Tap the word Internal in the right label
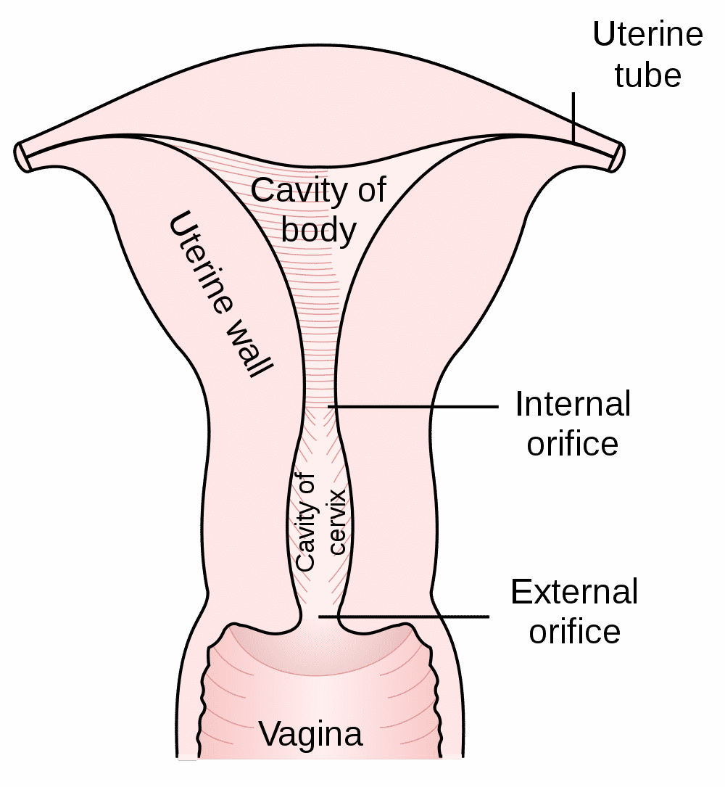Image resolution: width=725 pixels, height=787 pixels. coord(573,404)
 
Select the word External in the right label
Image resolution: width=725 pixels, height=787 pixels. coord(574,592)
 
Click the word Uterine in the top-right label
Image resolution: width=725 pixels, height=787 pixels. coord(647,34)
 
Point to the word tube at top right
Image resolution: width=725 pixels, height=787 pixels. coord(647,75)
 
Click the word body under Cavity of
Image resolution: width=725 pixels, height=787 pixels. coord(318,231)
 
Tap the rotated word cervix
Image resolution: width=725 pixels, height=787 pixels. coord(337,522)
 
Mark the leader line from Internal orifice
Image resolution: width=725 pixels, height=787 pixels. coord(413,406)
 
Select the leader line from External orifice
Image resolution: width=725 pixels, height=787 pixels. coord(404,617)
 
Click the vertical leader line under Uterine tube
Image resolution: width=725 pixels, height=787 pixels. coord(573,117)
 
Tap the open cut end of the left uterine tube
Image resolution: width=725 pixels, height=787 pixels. coord(22,157)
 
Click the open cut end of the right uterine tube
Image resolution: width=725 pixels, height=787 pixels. coord(617,157)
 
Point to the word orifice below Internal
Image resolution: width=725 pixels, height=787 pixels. coord(573,444)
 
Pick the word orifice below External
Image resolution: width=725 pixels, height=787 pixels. coord(574,631)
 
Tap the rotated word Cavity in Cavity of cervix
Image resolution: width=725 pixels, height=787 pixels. coord(305,522)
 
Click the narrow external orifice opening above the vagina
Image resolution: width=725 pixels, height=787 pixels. coord(319,617)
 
